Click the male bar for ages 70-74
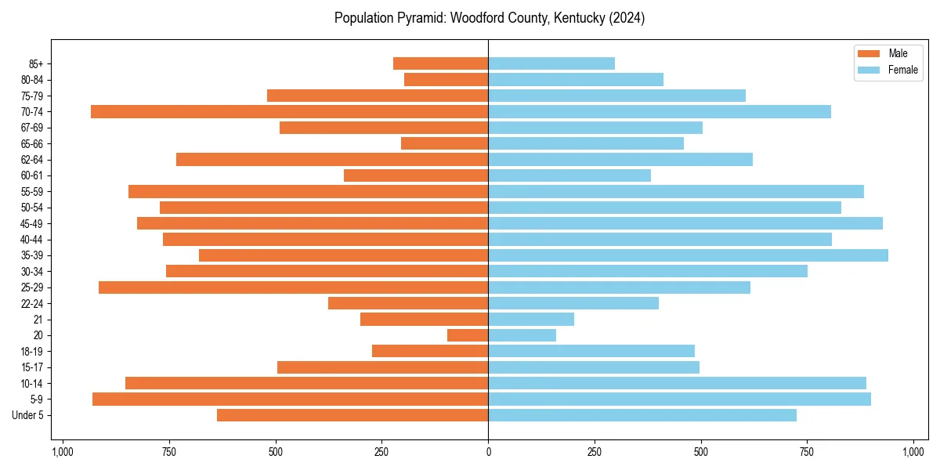[290, 112]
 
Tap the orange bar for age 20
[468, 335]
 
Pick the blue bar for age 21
[531, 320]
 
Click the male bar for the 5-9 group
[291, 399]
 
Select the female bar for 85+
[551, 64]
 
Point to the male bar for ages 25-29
[294, 287]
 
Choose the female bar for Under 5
[642, 415]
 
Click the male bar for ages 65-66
[445, 144]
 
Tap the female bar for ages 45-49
[685, 224]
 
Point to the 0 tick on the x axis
[488, 452]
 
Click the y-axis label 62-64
[31, 160]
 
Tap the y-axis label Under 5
[28, 415]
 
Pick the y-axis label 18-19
[31, 352]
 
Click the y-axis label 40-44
[31, 240]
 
